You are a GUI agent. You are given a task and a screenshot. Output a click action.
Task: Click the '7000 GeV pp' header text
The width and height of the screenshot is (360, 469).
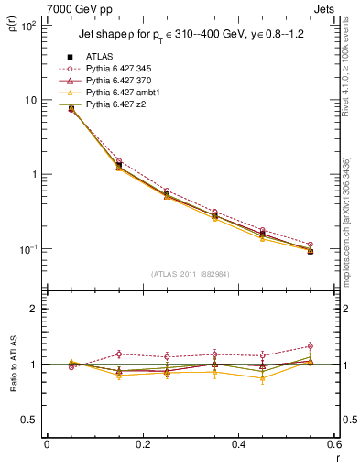tap(75, 8)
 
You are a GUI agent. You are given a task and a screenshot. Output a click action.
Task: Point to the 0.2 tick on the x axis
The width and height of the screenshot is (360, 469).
tap(142, 445)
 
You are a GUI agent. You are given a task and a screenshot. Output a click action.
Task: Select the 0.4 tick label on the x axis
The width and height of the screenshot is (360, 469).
tap(238, 445)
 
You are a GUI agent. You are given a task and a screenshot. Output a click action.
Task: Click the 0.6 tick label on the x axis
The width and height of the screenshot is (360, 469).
tap(333, 445)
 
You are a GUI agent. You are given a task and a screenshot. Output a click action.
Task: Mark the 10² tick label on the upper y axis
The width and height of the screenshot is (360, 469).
tap(27, 26)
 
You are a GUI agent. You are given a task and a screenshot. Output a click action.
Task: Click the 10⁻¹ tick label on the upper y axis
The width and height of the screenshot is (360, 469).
tap(27, 249)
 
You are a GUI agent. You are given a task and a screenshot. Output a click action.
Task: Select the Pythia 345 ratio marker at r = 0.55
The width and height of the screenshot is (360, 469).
tap(310, 346)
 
